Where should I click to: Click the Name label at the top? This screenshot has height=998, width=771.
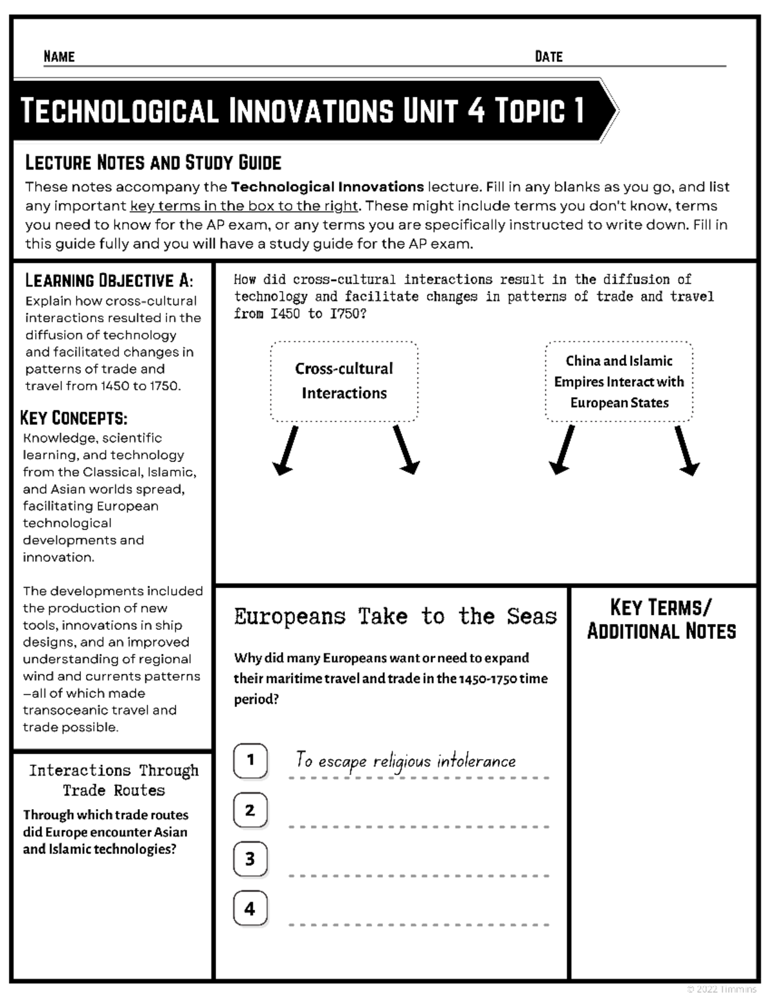click(x=59, y=57)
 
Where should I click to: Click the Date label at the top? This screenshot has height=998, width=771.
click(x=548, y=57)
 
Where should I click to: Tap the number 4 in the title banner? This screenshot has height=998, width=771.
click(x=475, y=111)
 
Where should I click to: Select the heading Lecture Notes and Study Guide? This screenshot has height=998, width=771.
click(x=153, y=163)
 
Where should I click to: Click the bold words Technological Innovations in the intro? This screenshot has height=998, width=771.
click(x=327, y=187)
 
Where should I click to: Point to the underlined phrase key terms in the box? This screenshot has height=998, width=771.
click(x=244, y=206)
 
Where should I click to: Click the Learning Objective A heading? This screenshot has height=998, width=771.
click(x=109, y=281)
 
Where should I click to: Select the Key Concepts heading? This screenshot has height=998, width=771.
click(x=74, y=418)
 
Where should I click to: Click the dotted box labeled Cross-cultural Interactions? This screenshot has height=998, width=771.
click(x=344, y=381)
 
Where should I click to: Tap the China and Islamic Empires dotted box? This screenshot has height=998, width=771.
click(x=619, y=382)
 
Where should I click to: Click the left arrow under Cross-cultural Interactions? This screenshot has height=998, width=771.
click(x=285, y=450)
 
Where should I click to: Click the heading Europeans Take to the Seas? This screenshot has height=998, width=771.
click(x=395, y=617)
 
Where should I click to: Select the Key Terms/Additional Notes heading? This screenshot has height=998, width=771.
click(x=661, y=619)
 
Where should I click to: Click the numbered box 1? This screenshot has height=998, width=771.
click(x=251, y=760)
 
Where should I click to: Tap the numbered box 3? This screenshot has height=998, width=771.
click(x=251, y=859)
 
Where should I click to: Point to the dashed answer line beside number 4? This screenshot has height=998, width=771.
click(x=419, y=925)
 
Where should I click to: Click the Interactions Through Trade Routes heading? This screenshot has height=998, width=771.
click(x=114, y=780)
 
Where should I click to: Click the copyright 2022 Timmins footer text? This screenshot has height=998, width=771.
click(x=721, y=990)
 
